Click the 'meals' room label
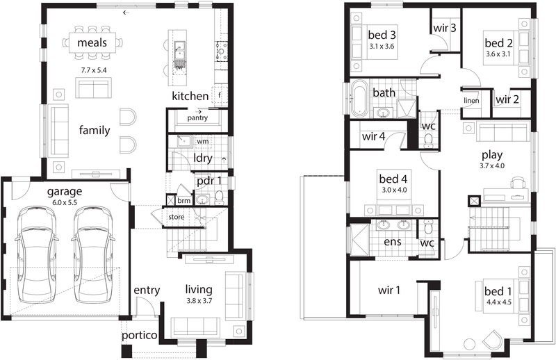coord(92,42)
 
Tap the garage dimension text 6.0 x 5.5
coord(65,202)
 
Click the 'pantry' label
coord(197,117)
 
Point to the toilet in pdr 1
coord(219,197)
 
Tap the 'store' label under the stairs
coord(177,217)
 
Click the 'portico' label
coord(140,335)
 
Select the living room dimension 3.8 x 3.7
coord(199,301)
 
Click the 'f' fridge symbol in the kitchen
coord(220,95)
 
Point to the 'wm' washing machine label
coord(203,141)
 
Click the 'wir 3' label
coord(445,28)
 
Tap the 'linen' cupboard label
coord(471,100)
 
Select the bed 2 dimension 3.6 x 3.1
coord(498,54)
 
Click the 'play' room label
coord(492,155)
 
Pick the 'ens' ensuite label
coord(393,242)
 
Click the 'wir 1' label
coord(389,290)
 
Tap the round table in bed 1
coord(470,345)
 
